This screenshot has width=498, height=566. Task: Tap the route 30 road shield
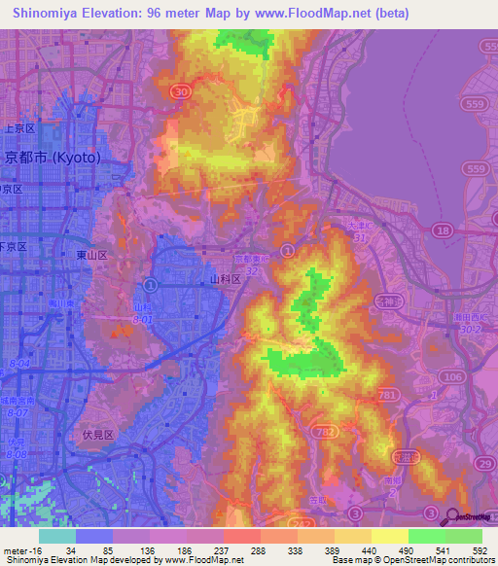[x=179, y=91]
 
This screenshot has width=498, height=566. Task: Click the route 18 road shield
[x=444, y=230]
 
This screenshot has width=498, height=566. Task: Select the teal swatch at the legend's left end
[x=56, y=536]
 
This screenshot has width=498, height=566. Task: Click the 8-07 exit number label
[x=18, y=412]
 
